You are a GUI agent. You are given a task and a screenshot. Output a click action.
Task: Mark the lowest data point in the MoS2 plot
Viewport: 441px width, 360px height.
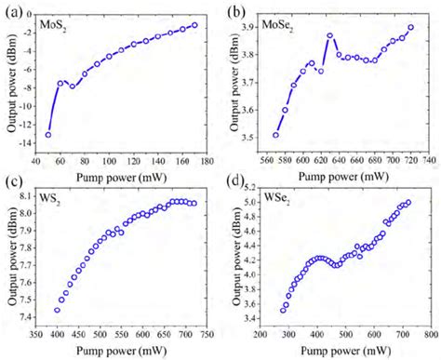tap(47, 135)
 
